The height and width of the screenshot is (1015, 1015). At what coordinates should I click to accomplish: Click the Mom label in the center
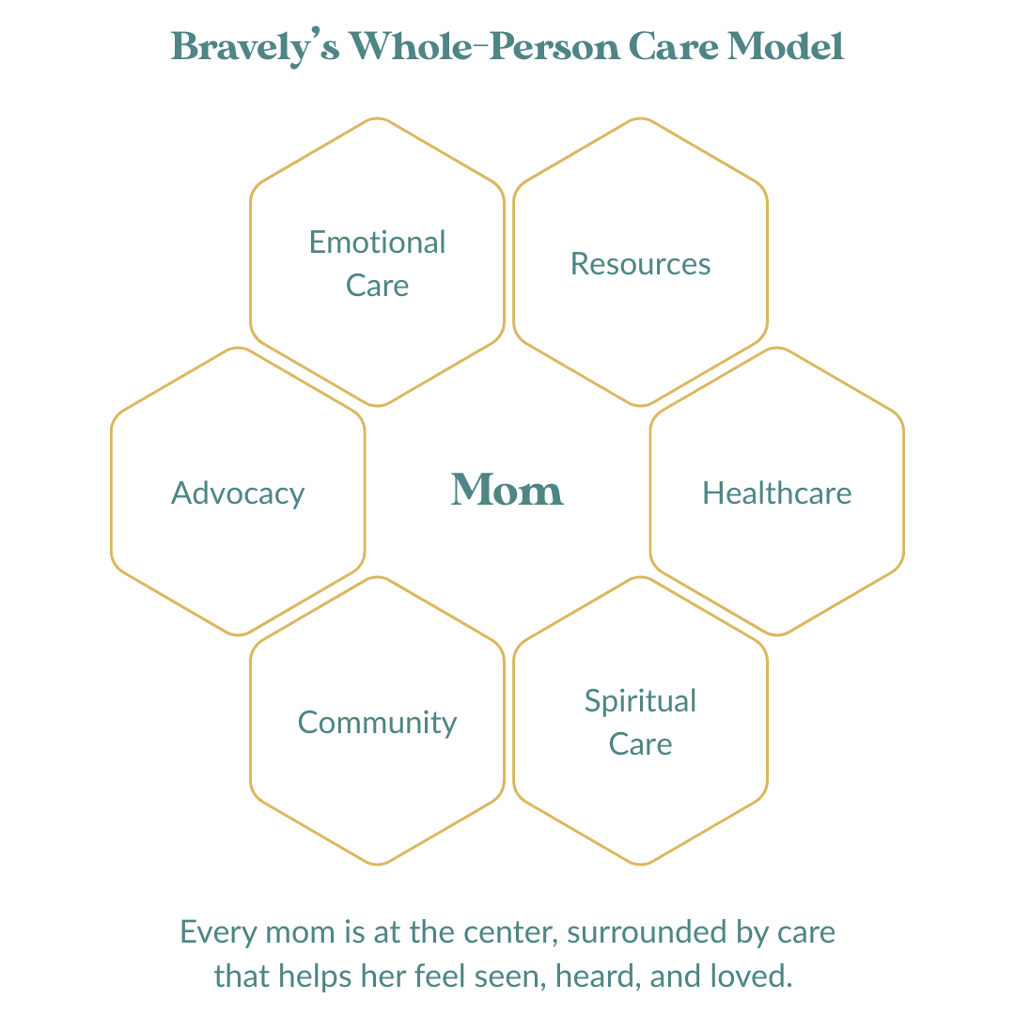point(507,490)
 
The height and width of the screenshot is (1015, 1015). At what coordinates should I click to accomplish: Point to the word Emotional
point(378,242)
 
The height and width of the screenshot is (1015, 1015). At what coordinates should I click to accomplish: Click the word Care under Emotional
point(378,286)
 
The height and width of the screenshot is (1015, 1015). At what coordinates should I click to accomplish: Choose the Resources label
point(641,264)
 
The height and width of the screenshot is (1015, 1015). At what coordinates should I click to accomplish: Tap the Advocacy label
point(238,493)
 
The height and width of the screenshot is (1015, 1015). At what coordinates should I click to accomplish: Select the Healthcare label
point(777,493)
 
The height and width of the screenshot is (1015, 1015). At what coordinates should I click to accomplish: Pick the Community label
point(378,723)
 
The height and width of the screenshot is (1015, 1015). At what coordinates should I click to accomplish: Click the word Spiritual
point(641,701)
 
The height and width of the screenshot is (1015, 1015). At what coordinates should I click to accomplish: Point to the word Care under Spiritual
point(641,744)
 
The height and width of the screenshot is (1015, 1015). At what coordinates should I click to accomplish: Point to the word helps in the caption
point(318,976)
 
